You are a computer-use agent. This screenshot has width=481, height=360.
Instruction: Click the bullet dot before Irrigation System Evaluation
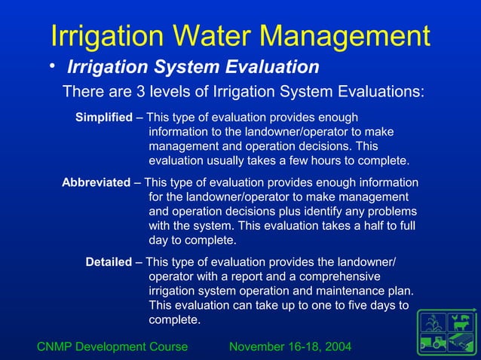(x=53, y=68)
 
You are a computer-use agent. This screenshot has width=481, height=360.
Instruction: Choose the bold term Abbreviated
(x=96, y=182)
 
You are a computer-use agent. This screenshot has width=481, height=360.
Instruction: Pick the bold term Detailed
(x=109, y=262)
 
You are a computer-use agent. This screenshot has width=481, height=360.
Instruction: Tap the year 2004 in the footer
(x=337, y=346)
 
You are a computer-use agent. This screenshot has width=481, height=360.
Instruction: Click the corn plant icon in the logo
(x=434, y=323)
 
